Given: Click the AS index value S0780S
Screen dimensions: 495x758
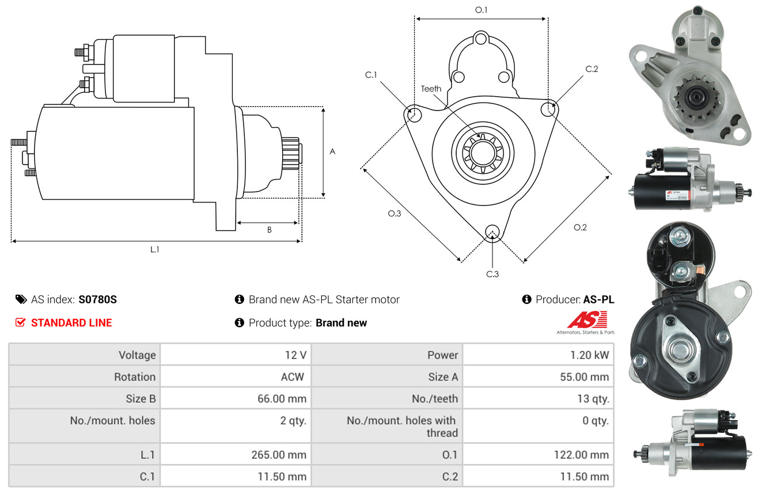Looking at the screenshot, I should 98,299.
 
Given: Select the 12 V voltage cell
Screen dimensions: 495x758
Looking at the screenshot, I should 295,355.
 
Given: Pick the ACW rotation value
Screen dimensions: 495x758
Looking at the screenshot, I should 292,377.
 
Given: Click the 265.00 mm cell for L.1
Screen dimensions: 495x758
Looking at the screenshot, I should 278,455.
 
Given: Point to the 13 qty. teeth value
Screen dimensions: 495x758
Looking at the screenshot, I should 593,398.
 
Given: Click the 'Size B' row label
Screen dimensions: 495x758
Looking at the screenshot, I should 141,398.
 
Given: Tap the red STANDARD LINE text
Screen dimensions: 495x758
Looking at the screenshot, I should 71,323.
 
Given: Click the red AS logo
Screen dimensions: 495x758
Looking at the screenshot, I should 587,319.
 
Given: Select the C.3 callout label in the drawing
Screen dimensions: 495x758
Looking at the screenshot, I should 492,274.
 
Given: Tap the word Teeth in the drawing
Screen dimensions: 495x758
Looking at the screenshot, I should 431,89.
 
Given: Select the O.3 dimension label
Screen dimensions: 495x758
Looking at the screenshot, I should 394,214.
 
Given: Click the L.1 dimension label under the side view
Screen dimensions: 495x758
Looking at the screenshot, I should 154,249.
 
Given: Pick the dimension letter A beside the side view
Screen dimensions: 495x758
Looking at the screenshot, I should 332,151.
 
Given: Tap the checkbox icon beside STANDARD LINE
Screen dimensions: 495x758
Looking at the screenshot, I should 20,323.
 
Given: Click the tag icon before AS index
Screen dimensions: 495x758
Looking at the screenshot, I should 21,299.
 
